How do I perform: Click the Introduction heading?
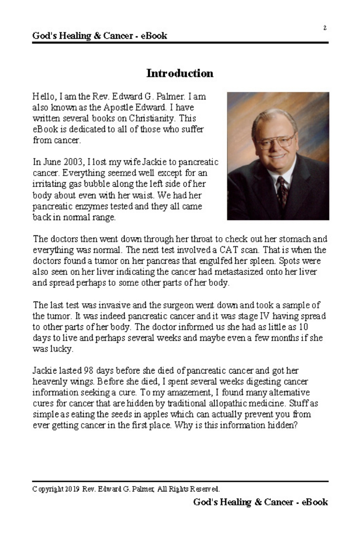[x=180, y=73]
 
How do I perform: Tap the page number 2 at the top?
[x=325, y=28]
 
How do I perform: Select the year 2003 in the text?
[x=70, y=162]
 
